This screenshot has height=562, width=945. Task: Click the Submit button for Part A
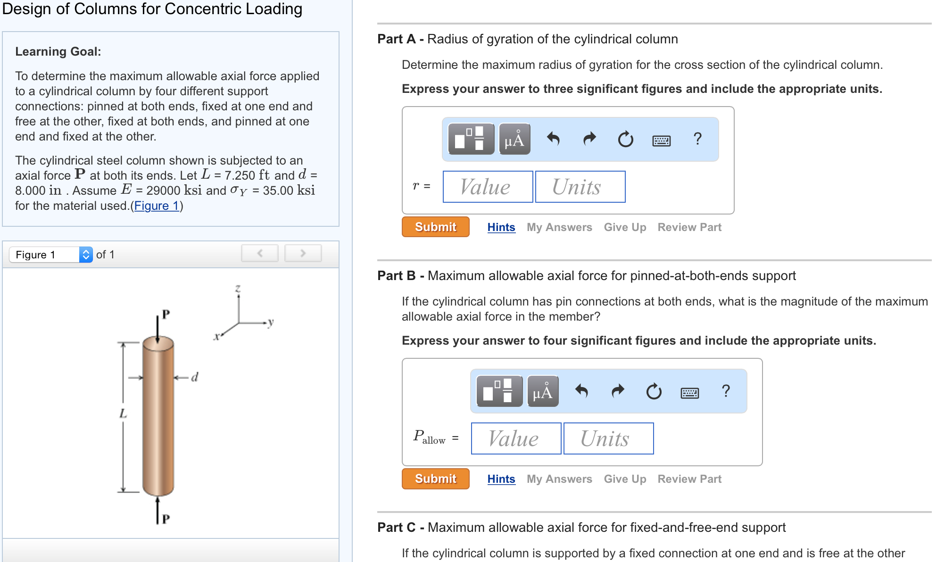[435, 227]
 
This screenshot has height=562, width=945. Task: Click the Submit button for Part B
[435, 479]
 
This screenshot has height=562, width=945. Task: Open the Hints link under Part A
[501, 227]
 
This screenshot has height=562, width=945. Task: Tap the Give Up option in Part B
[625, 479]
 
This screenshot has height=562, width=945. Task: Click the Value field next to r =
[488, 187]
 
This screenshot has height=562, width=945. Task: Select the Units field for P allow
[608, 438]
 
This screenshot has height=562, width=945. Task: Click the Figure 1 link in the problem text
[157, 206]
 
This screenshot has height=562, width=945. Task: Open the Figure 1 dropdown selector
[51, 255]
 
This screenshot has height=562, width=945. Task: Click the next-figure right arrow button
[303, 253]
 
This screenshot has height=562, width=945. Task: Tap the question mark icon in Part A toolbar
[697, 139]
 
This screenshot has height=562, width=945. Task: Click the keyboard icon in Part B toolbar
[689, 392]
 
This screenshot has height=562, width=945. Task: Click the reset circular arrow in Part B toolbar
[654, 391]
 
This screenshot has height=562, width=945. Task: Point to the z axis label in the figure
[238, 288]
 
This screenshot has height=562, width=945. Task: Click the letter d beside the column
[195, 377]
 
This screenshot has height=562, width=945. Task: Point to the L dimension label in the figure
[123, 414]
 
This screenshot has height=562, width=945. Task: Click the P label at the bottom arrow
[166, 519]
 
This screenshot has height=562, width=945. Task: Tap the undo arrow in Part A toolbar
[553, 139]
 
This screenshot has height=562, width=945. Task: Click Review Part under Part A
[689, 227]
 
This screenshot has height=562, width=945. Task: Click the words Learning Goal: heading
[58, 51]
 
